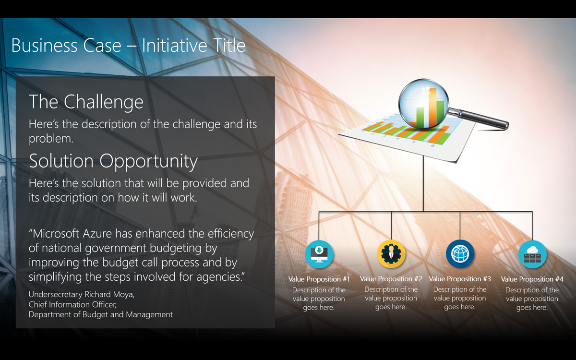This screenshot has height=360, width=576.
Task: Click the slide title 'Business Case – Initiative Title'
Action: tap(128, 46)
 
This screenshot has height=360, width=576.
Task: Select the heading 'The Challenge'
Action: tap(86, 102)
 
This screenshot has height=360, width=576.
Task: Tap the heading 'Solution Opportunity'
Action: tap(113, 161)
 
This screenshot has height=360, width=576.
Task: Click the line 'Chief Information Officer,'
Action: tap(72, 305)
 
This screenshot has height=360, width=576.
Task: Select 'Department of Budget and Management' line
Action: tap(100, 315)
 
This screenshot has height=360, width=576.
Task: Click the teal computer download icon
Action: tap(319, 254)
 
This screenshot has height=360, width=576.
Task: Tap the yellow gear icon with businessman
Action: tap(391, 254)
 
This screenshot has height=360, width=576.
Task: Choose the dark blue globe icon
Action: tap(460, 254)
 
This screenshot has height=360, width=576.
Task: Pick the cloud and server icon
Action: tap(532, 254)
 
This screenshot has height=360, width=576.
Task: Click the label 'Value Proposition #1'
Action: tap(319, 279)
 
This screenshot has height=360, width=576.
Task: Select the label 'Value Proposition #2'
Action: tap(391, 279)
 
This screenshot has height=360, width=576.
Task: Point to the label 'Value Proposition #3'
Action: tap(460, 279)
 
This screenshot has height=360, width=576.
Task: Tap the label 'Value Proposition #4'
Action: tap(532, 279)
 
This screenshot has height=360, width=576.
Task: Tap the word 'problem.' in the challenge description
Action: tap(51, 139)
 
